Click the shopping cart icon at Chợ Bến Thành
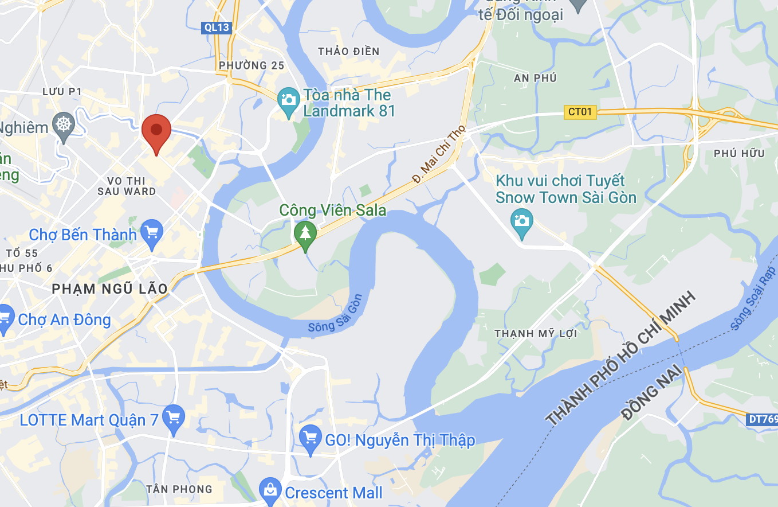[x=152, y=232]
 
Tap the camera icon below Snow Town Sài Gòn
[x=521, y=221]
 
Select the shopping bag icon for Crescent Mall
[x=269, y=489]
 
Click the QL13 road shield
[x=217, y=27]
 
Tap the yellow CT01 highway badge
[x=579, y=112]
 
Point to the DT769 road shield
[x=762, y=419]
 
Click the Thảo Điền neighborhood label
[x=348, y=52]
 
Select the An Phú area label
[x=535, y=78]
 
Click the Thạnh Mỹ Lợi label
[x=536, y=334]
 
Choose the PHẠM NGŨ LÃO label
[x=110, y=288]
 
